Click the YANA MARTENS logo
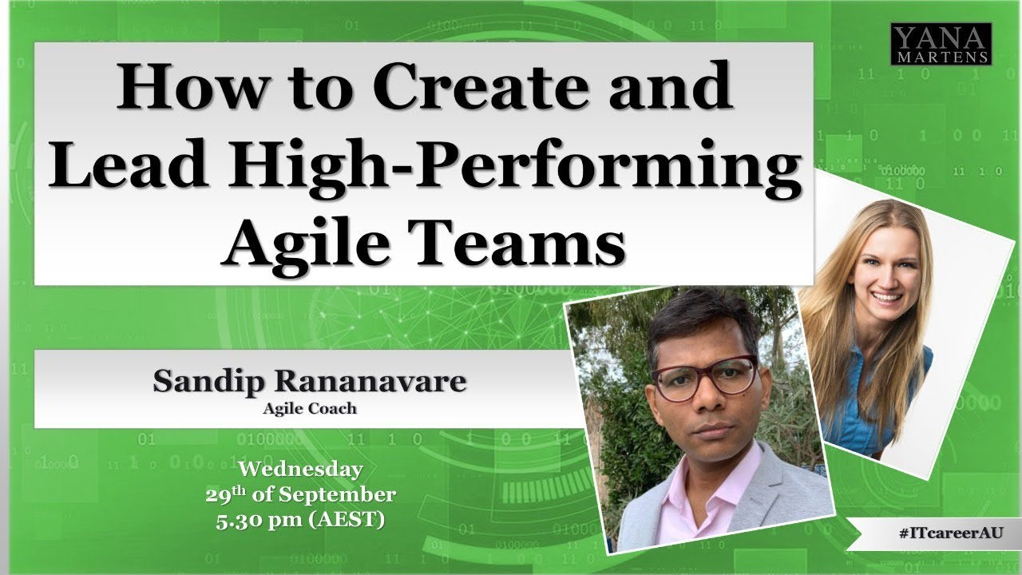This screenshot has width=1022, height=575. [941, 43]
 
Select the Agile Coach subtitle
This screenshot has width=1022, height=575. [309, 409]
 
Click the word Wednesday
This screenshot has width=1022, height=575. [300, 469]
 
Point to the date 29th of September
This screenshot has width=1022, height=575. [300, 494]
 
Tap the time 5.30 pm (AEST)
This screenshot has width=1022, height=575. [300, 521]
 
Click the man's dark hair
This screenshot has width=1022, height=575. [703, 323]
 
